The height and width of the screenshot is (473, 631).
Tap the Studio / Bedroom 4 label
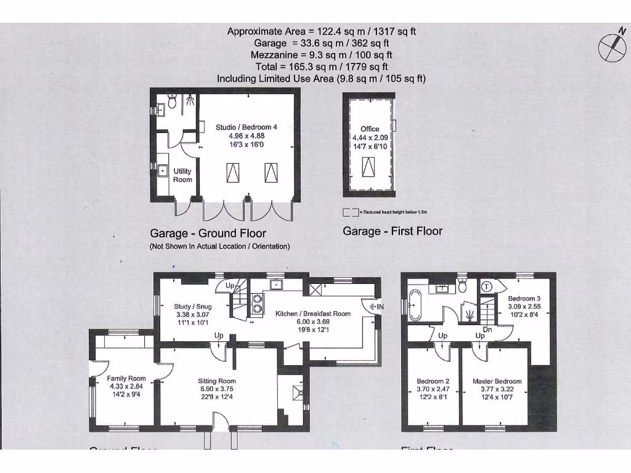pos(246,127)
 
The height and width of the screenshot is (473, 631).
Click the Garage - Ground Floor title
pos(208,233)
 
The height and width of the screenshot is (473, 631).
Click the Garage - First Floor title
pos(393,231)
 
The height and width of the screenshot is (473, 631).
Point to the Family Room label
pos(126,379)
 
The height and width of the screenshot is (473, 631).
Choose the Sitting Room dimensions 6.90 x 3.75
pos(216,389)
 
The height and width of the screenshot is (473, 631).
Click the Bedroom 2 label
pos(433,381)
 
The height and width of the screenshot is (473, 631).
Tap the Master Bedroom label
pos(497,381)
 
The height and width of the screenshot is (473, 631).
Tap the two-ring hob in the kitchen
pos(257,304)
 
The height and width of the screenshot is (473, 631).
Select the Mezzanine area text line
pos(321,55)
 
